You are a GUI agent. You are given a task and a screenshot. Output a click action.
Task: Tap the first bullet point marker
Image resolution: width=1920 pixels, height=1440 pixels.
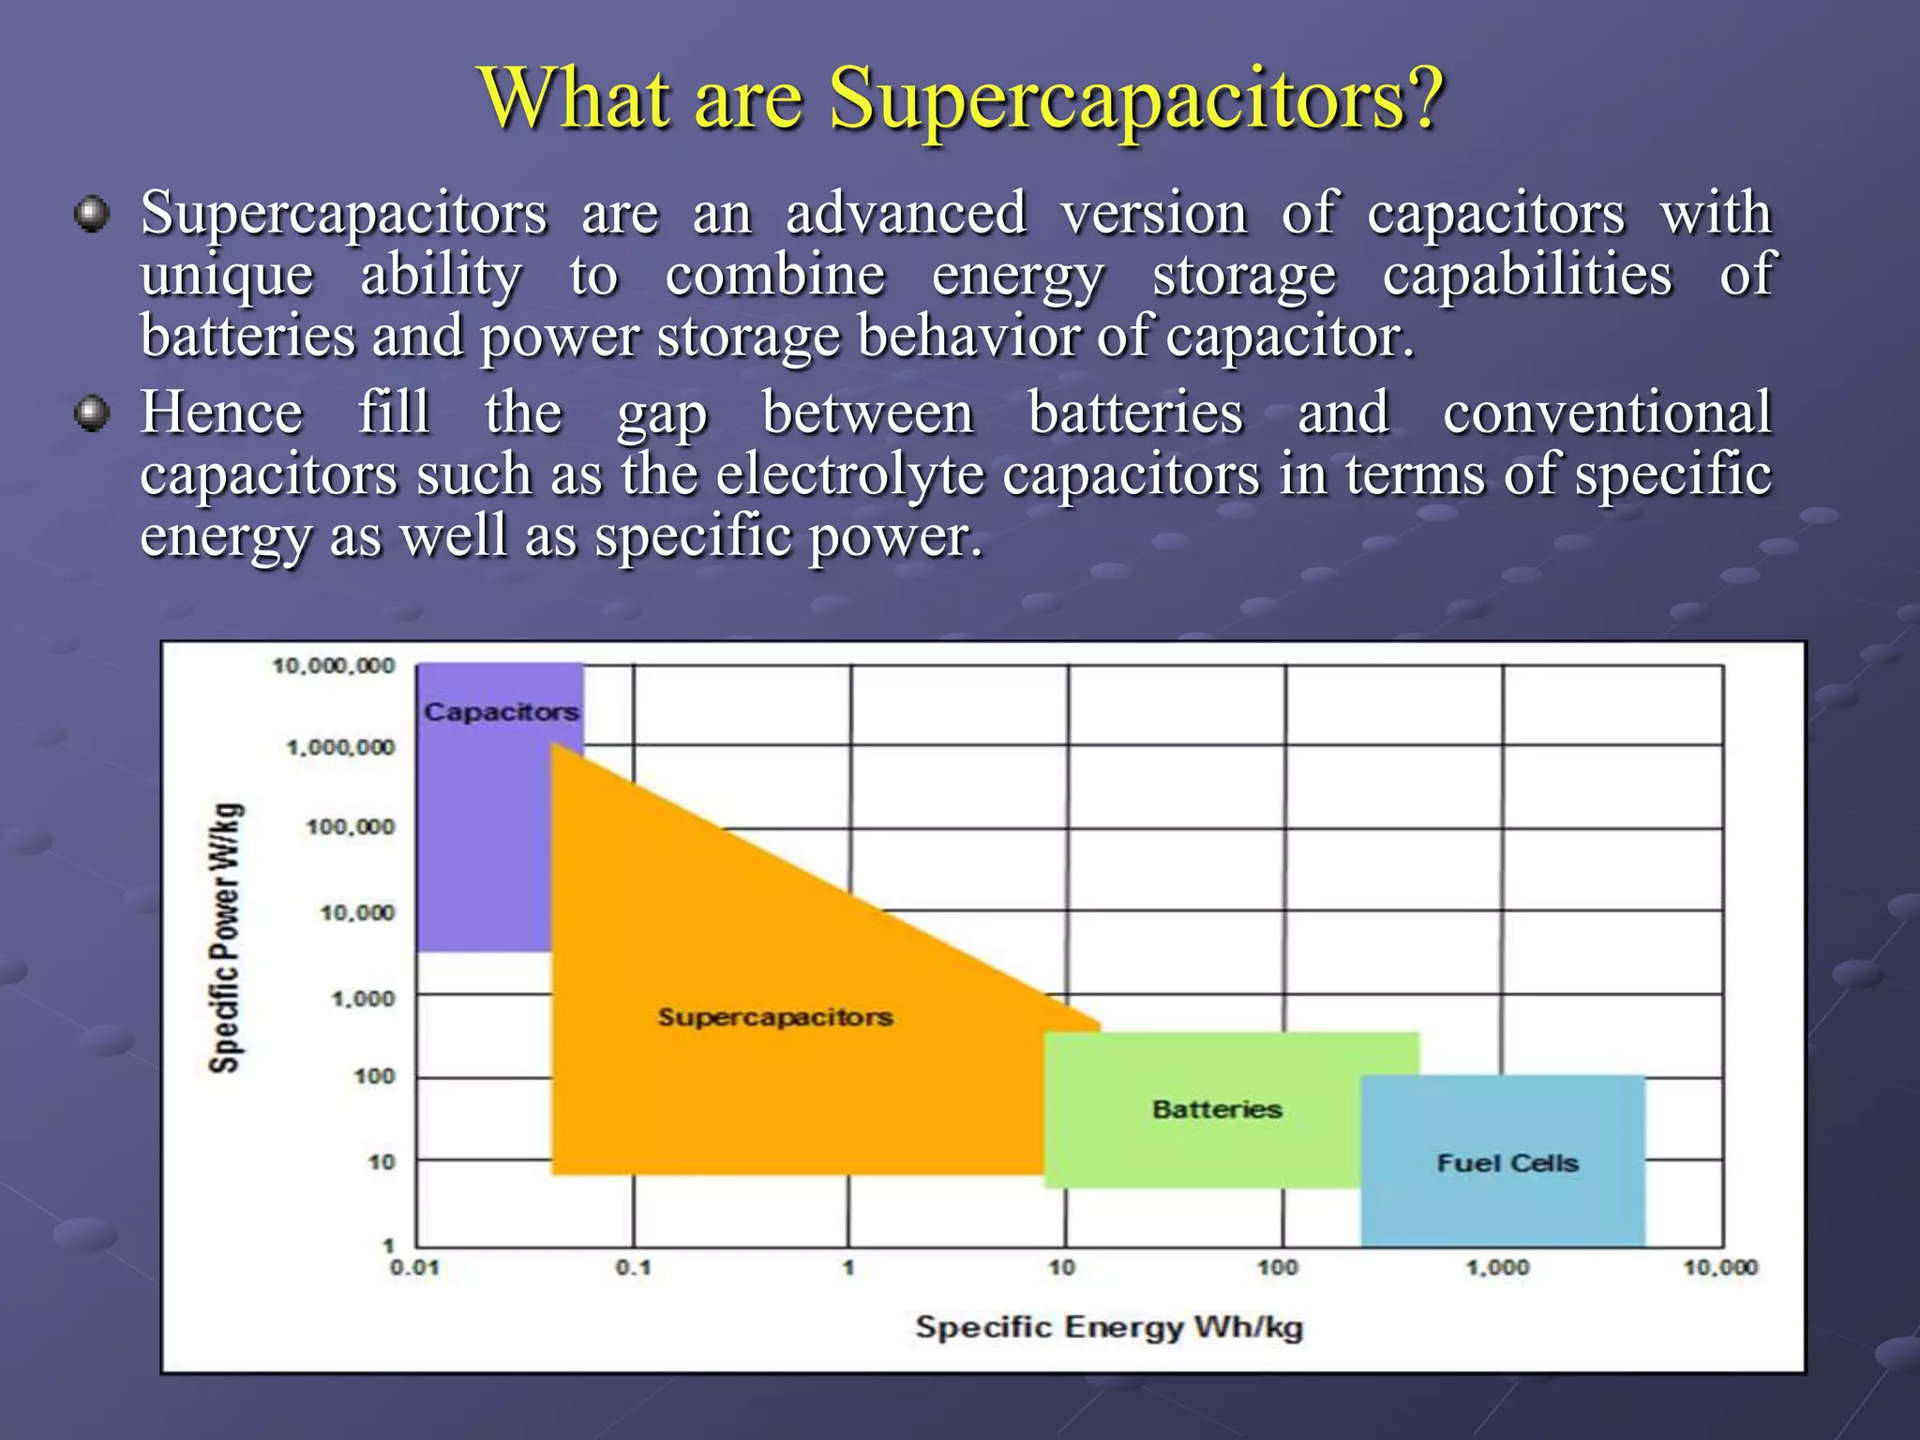[x=91, y=215]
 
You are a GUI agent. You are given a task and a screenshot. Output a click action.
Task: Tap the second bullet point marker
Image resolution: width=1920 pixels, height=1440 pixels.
[x=91, y=413]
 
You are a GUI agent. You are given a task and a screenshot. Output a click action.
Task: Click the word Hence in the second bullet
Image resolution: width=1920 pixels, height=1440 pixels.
[x=221, y=413]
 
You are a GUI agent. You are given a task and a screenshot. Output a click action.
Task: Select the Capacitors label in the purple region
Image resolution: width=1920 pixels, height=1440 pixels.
[x=502, y=712]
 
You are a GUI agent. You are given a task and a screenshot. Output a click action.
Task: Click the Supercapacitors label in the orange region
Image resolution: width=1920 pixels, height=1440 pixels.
[x=774, y=1017]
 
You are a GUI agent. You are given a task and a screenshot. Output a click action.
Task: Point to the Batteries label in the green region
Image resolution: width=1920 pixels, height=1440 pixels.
[x=1216, y=1110]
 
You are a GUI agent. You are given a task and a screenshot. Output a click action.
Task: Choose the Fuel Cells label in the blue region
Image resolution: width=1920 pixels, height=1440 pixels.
[x=1507, y=1163]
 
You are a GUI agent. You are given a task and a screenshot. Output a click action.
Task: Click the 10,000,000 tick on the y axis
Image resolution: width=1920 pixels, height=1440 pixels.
[x=334, y=666]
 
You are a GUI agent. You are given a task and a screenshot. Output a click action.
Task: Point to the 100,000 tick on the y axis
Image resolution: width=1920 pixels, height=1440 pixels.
[x=351, y=827]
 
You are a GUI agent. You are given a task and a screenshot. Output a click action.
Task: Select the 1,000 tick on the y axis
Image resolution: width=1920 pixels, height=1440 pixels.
[x=363, y=998]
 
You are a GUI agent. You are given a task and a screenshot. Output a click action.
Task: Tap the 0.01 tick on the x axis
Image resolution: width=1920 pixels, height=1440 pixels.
[x=413, y=1268]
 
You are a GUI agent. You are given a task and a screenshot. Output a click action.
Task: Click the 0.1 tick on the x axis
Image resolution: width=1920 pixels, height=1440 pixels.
[x=633, y=1268]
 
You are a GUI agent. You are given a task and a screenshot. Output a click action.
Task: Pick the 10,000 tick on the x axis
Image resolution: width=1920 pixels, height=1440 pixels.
[x=1720, y=1268]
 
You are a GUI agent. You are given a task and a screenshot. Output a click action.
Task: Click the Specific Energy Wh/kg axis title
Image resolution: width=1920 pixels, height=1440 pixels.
[x=1108, y=1327]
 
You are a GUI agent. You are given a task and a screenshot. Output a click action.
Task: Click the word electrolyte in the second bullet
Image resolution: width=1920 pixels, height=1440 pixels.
[x=849, y=474]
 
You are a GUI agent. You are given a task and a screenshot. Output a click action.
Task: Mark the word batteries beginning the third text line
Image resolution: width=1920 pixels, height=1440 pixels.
[x=247, y=337]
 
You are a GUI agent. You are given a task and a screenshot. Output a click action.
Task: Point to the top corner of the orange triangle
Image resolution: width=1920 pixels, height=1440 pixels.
[x=552, y=744]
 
